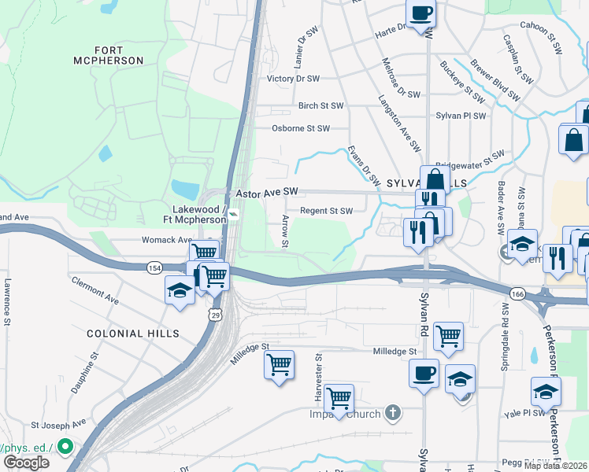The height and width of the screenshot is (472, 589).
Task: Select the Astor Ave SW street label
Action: [x=267, y=192]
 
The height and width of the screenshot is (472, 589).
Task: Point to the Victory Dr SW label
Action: [x=293, y=79]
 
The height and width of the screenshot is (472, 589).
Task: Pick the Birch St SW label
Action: [x=320, y=105]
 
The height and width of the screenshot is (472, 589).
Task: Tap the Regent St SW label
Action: [x=326, y=211]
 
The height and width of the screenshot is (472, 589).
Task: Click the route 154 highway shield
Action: [x=154, y=268]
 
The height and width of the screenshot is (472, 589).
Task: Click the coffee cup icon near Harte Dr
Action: [x=420, y=13]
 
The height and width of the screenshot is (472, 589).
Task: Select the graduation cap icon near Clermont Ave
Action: [x=180, y=290]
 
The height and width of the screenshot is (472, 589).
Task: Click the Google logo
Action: [x=26, y=463]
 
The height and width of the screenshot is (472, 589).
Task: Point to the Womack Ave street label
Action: [x=167, y=240]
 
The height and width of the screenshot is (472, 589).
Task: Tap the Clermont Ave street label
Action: [x=94, y=290]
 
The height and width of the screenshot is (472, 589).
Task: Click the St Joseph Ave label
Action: [x=58, y=423]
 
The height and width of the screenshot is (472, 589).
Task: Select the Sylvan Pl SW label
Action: [x=461, y=115]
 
